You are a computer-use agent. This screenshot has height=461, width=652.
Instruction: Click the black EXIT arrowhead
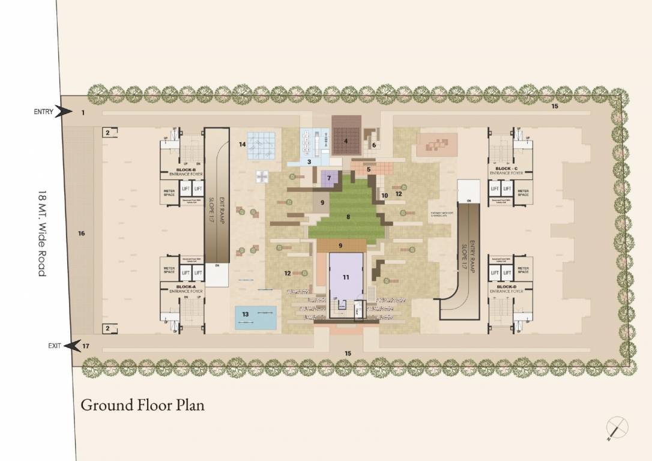tap(73, 346)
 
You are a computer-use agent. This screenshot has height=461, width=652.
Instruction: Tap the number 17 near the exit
tap(86, 346)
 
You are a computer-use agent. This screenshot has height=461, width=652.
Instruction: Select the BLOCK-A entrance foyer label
tap(186, 289)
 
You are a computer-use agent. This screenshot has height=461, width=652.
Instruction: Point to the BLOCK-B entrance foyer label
tap(186, 172)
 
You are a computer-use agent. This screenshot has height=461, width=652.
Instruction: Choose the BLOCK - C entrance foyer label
tap(506, 170)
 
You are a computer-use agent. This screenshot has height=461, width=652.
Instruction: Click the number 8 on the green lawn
tap(348, 217)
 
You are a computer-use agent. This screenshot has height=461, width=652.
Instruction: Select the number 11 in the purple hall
tap(346, 277)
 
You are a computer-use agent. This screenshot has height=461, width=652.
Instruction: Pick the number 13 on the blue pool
tap(245, 314)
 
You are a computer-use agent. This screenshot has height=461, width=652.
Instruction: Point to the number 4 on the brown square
tap(346, 142)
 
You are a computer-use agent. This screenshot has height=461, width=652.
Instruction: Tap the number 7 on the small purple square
tap(329, 178)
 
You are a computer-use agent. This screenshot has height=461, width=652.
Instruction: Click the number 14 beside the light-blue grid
tap(243, 144)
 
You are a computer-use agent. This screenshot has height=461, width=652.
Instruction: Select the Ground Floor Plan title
tap(143, 405)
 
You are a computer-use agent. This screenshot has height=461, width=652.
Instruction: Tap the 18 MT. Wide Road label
tap(41, 234)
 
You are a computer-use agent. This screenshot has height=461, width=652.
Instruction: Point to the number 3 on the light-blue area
tap(309, 161)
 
